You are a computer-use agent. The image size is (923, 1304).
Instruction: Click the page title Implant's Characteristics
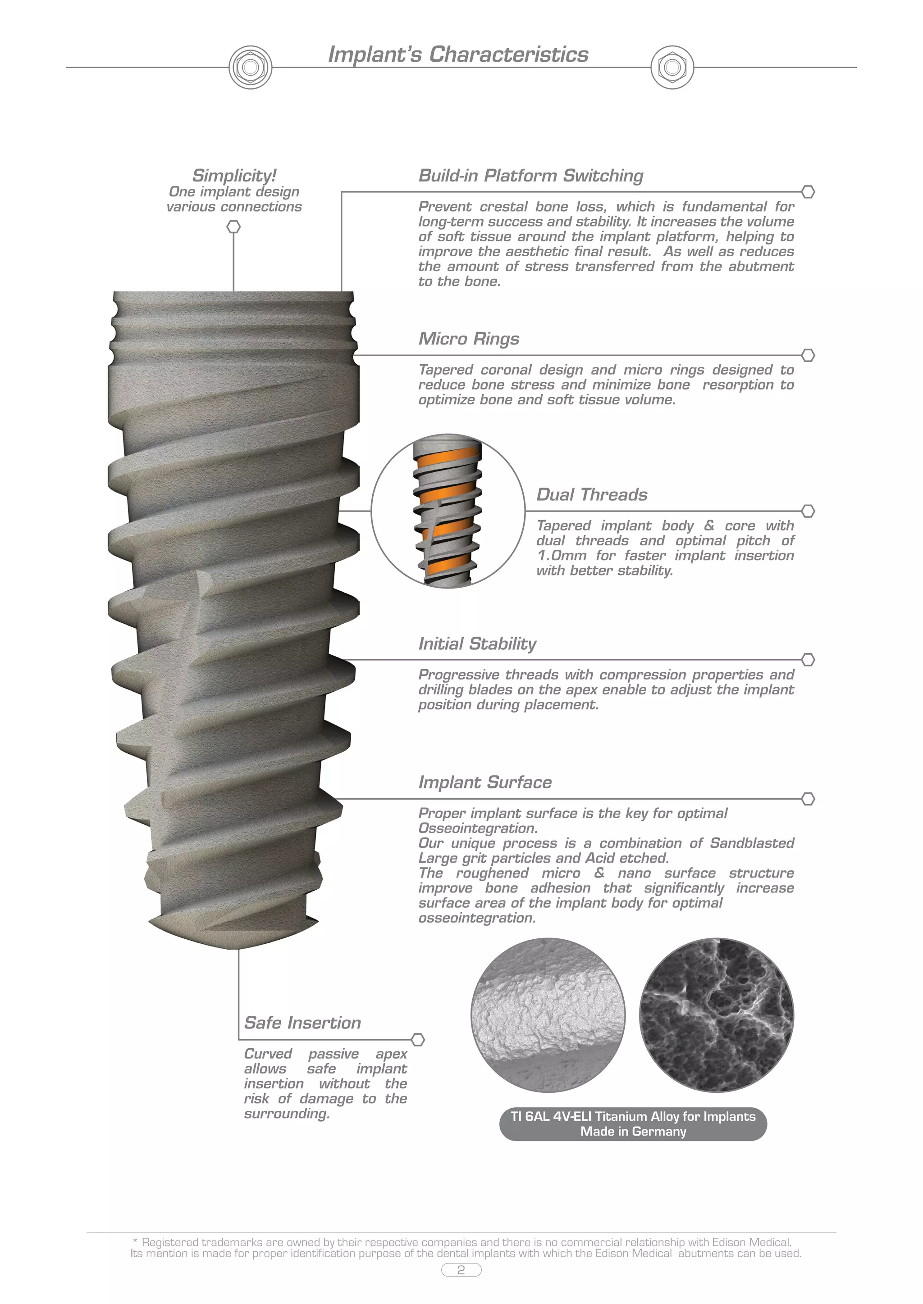tap(458, 54)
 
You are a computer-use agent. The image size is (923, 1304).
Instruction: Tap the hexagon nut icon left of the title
tap(250, 68)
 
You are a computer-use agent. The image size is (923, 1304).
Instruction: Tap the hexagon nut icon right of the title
tap(672, 68)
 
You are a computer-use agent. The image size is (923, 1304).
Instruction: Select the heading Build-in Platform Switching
tap(531, 176)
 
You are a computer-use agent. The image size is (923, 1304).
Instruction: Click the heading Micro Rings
tap(469, 339)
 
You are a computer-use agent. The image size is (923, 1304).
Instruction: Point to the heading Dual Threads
tap(592, 495)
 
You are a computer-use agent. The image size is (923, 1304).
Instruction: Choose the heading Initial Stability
tap(477, 643)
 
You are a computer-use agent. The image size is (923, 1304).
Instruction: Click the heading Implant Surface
tap(485, 782)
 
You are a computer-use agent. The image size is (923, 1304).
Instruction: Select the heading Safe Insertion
tap(302, 1023)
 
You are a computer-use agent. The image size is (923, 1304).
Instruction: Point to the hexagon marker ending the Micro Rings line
tap(808, 356)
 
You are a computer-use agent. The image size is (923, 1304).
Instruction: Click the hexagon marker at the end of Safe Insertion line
tap(418, 1040)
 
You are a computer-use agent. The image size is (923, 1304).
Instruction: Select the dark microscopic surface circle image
tap(716, 1015)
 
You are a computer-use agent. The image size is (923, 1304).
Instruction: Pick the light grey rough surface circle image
tap(548, 1015)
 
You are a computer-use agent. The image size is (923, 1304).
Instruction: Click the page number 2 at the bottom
tap(461, 1270)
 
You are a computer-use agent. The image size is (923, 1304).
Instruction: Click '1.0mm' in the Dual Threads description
tap(562, 556)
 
